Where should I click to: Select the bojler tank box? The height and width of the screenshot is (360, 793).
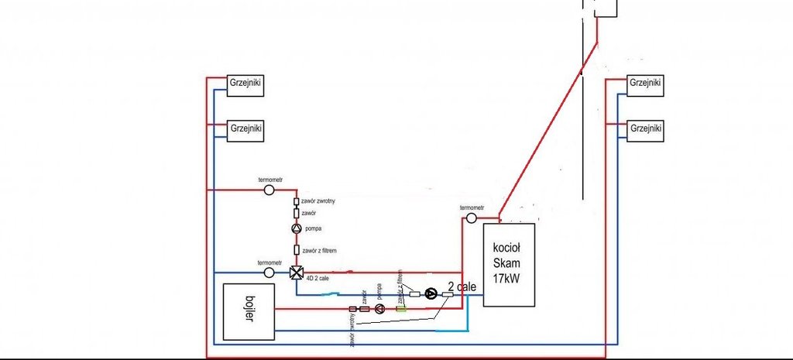[x=249, y=312]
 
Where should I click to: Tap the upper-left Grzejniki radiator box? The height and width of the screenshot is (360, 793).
[x=245, y=84]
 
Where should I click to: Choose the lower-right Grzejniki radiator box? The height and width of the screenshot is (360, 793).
[x=645, y=128]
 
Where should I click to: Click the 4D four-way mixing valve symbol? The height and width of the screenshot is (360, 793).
[x=296, y=273]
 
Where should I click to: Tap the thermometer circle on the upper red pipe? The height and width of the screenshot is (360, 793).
[x=269, y=189]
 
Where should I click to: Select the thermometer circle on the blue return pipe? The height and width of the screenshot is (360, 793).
[x=269, y=273]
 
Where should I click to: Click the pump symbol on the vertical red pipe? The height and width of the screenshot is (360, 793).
[x=296, y=229]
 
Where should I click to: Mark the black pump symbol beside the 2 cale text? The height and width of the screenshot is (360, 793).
[x=431, y=293]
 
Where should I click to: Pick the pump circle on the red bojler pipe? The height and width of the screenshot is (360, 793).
[x=380, y=309]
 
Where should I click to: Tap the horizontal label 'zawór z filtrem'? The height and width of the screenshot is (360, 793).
[x=321, y=250]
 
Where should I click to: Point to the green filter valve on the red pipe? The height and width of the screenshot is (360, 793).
[x=401, y=309]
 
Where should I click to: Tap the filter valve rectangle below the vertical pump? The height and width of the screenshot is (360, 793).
[x=296, y=250]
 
